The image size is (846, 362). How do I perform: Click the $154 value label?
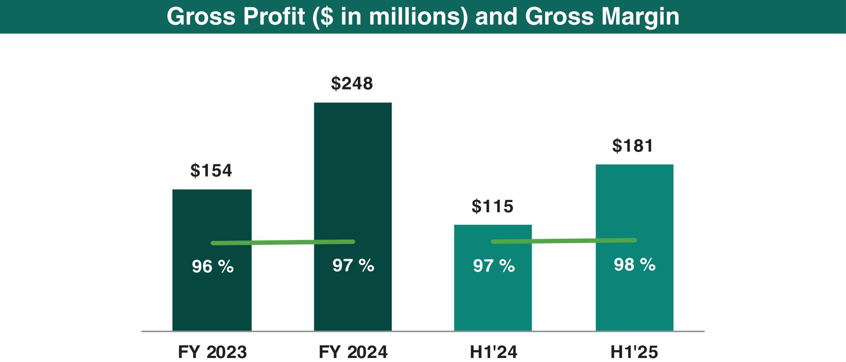(211, 171)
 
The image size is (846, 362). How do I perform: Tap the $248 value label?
(352, 84)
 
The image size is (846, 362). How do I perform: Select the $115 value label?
(492, 206)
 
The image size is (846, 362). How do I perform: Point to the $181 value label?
(633, 146)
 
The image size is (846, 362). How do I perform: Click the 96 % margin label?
(212, 267)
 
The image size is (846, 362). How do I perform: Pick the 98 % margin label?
(634, 265)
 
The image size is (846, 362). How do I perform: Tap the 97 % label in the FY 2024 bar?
(353, 265)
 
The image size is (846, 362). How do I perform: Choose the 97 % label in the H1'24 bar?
(494, 266)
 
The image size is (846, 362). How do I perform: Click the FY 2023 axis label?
(212, 352)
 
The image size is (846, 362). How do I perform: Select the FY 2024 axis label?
(353, 352)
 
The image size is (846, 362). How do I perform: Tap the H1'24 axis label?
(493, 352)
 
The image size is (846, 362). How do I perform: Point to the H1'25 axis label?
(634, 352)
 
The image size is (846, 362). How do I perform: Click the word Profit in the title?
(274, 17)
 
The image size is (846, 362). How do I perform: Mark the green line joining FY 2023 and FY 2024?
(283, 243)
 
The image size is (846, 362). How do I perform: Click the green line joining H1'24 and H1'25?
(563, 241)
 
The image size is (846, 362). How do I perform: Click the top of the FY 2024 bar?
(353, 104)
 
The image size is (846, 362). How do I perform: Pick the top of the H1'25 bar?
(634, 165)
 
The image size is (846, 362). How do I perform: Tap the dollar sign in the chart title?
(327, 17)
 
